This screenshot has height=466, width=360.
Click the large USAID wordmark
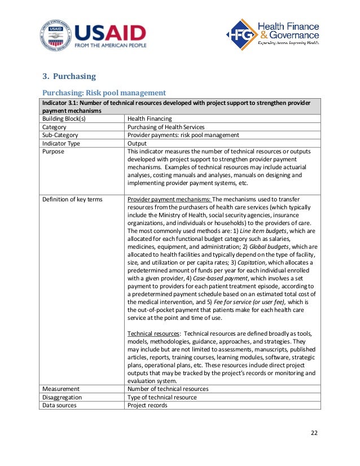pos(110,32)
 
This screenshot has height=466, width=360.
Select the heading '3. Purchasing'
pos(69,76)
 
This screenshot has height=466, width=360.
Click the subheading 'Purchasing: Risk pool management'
pos(104,92)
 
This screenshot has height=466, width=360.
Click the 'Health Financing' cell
pos(150,119)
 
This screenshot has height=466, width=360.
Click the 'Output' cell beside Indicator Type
pos(138,143)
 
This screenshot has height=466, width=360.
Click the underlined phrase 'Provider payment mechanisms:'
pos(169,199)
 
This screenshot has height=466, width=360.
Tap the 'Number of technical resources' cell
pos(168,389)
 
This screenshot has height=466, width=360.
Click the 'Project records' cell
pos(147,405)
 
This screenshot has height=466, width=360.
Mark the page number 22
pos(314,433)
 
